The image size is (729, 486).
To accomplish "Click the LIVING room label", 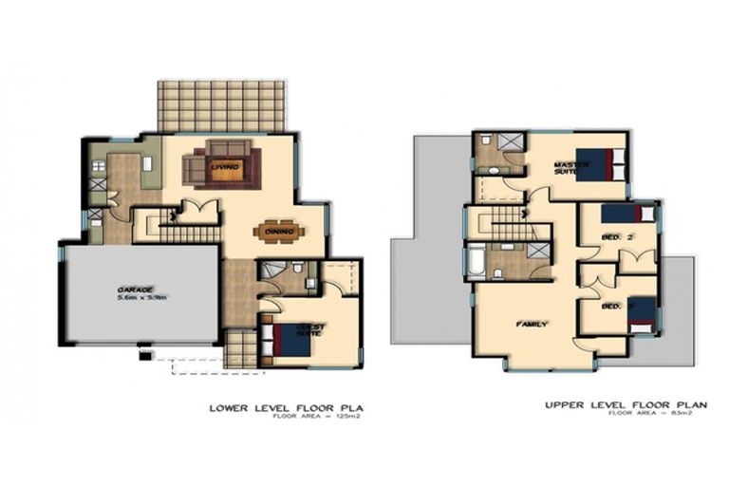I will coord(225,167).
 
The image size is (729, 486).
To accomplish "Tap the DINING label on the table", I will coord(279,230).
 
